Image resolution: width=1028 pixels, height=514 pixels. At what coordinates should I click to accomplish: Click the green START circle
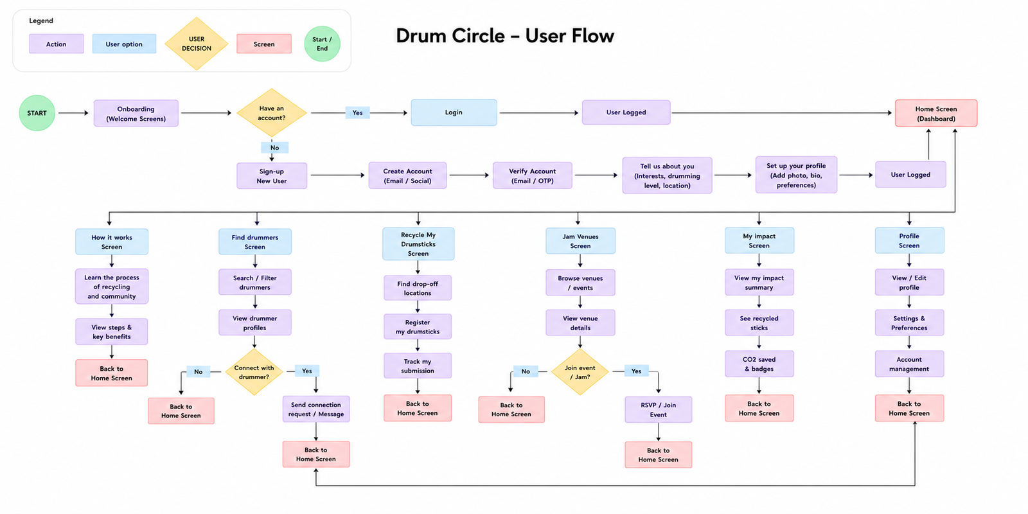tap(37, 113)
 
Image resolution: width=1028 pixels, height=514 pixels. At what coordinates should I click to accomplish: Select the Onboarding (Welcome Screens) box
tap(136, 113)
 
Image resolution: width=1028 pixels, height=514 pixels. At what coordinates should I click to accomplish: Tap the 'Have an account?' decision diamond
tap(272, 113)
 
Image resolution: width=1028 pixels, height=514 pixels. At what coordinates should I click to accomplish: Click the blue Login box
tap(454, 112)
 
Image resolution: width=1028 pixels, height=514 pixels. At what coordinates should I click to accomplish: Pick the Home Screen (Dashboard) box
tap(936, 113)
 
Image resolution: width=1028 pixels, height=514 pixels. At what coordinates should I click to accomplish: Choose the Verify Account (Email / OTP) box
tap(533, 175)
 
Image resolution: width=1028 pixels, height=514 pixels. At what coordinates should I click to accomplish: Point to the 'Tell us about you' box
tap(668, 175)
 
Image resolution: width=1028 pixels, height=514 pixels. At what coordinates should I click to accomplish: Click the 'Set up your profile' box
tap(796, 175)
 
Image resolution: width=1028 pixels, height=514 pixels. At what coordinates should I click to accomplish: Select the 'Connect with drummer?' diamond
tap(254, 372)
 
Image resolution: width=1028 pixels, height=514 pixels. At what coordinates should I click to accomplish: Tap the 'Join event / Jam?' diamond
tap(580, 372)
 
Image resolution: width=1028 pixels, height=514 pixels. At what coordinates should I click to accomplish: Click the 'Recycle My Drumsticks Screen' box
tap(418, 244)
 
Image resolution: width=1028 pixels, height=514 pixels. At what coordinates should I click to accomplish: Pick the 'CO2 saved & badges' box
tap(759, 364)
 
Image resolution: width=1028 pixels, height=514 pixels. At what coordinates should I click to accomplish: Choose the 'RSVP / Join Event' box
tap(658, 409)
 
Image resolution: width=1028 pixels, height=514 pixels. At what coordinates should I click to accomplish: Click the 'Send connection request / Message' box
tap(315, 409)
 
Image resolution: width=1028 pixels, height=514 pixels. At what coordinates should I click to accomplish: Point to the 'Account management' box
tap(909, 364)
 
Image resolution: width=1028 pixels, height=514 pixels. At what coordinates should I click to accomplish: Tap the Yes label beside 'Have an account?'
tap(357, 112)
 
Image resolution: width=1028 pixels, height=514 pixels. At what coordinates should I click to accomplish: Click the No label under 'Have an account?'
tap(274, 147)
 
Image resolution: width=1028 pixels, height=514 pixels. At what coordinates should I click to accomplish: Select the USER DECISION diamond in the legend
tap(197, 44)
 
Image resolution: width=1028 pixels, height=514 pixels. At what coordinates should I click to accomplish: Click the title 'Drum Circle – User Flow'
tap(505, 36)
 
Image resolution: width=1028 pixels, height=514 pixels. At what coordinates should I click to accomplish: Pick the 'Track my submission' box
tap(418, 366)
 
